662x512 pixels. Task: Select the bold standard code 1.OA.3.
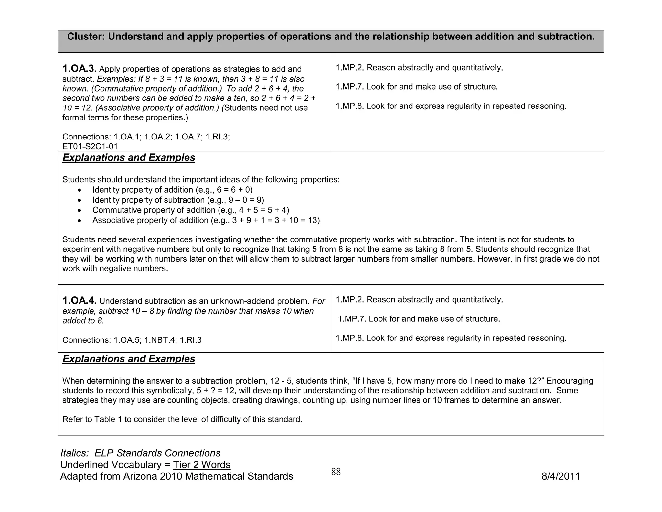(79, 69)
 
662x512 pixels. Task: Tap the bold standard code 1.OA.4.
(79, 301)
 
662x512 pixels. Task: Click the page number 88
(336, 472)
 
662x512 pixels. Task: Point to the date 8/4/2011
(561, 476)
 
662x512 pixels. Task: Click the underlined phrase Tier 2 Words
(202, 465)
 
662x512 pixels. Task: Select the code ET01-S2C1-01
(90, 147)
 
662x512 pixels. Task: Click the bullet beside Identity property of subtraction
(80, 200)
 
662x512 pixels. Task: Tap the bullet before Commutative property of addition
(80, 211)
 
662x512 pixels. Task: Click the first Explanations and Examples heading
(129, 158)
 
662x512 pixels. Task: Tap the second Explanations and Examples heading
(129, 359)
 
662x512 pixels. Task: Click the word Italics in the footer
(74, 453)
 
